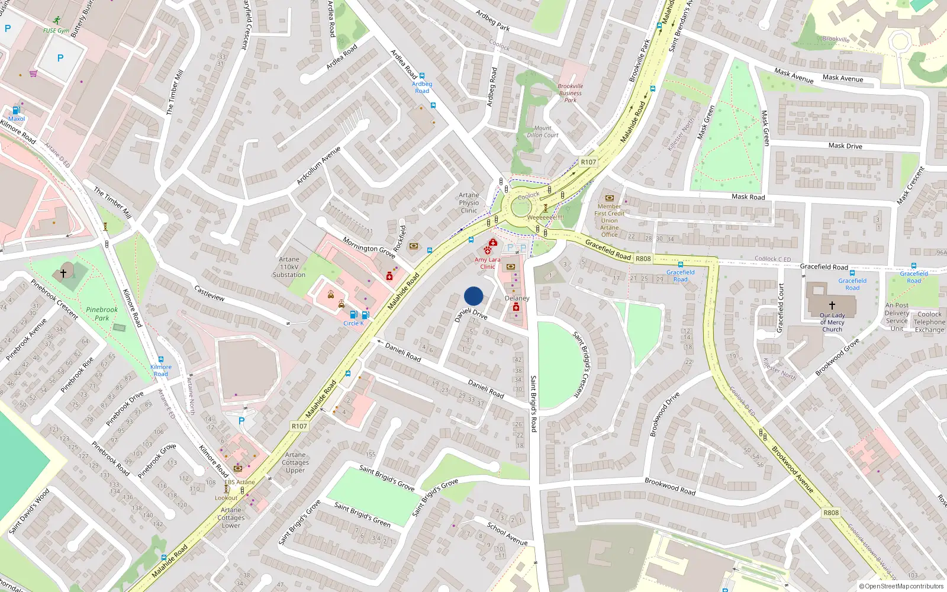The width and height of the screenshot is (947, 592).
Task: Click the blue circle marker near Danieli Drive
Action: click(x=474, y=296)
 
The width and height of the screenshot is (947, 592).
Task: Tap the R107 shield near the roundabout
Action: click(x=588, y=162)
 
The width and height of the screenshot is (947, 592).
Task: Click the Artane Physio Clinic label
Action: click(x=469, y=202)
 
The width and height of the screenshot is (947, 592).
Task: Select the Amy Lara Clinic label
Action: click(x=487, y=263)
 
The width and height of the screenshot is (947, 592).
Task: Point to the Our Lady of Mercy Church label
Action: click(x=832, y=322)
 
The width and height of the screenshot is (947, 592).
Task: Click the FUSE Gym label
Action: click(x=56, y=30)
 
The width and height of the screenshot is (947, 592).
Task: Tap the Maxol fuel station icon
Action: click(x=16, y=110)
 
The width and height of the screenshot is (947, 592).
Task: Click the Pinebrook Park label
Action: click(x=102, y=313)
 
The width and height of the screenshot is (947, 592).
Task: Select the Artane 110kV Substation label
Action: click(x=289, y=267)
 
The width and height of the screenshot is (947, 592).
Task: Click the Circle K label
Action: click(x=353, y=323)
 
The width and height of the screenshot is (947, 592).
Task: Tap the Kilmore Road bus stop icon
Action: click(x=161, y=359)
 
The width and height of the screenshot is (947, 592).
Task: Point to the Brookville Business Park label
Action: click(x=570, y=93)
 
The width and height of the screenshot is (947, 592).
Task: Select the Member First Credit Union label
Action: click(x=609, y=217)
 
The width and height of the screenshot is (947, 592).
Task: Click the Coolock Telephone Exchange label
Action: click(x=929, y=322)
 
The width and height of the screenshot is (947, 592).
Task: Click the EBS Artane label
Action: click(x=239, y=482)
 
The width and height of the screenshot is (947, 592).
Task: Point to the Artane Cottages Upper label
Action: click(x=295, y=462)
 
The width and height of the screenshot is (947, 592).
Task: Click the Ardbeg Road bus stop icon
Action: click(x=422, y=76)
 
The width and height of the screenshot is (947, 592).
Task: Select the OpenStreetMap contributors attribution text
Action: click(x=901, y=586)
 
